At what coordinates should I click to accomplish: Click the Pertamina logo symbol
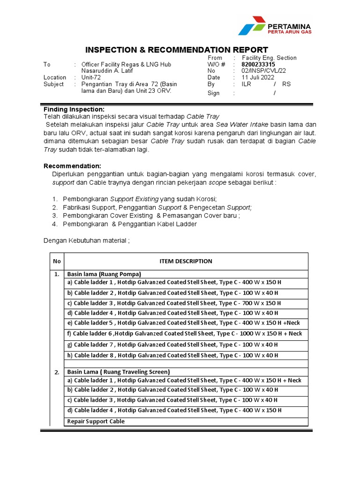[x=252, y=26]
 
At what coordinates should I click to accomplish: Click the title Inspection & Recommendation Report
[x=176, y=50]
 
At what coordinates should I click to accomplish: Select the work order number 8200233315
[x=258, y=64]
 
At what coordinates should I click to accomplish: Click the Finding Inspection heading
[x=74, y=109]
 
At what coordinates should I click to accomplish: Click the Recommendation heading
[x=72, y=166]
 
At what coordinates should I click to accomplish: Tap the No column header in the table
[x=57, y=261]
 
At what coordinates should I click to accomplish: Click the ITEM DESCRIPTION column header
[x=186, y=261]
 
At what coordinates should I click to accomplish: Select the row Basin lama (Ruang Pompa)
[x=104, y=274]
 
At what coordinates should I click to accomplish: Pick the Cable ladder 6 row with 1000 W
[x=185, y=334]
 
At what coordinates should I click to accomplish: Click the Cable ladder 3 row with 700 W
[x=174, y=303]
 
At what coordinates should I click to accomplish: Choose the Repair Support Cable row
[x=96, y=421]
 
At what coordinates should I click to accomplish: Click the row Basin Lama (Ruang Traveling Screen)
[x=119, y=372]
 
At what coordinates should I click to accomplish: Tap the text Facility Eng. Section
[x=269, y=58]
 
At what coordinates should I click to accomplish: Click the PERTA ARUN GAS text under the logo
[x=289, y=32]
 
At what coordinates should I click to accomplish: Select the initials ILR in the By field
[x=247, y=84]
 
